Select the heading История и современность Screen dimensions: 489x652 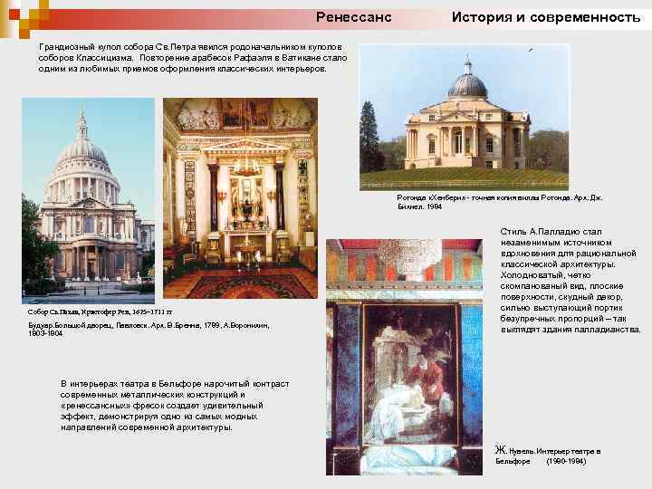click(546, 17)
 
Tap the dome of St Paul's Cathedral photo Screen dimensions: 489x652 click(82, 149)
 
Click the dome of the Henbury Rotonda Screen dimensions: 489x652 click(467, 85)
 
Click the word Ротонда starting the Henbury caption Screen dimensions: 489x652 click(413, 197)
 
